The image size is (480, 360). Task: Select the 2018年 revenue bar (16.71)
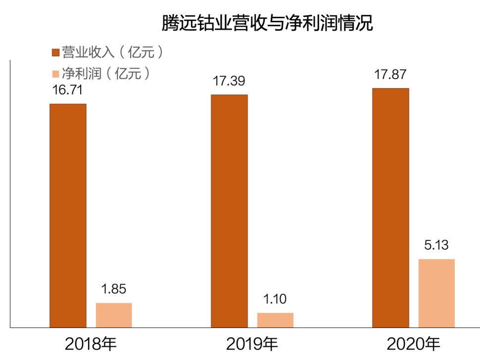pos(68,215)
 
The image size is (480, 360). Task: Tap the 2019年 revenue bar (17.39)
pos(229,211)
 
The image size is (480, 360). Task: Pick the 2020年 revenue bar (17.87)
pos(390,208)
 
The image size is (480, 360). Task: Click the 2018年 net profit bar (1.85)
pos(114,315)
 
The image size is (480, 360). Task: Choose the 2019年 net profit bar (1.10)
pos(275,320)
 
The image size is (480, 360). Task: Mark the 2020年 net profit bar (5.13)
pos(436,293)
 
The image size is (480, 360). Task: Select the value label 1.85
pos(113,289)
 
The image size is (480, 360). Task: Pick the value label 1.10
pos(275,299)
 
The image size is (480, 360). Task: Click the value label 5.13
pos(436,246)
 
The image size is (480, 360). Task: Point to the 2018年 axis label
pos(91,344)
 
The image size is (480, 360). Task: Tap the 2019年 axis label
pos(252,344)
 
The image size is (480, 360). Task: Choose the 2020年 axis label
pos(414,344)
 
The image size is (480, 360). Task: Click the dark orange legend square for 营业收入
pos(55,52)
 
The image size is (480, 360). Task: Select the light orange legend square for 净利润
pos(55,74)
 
